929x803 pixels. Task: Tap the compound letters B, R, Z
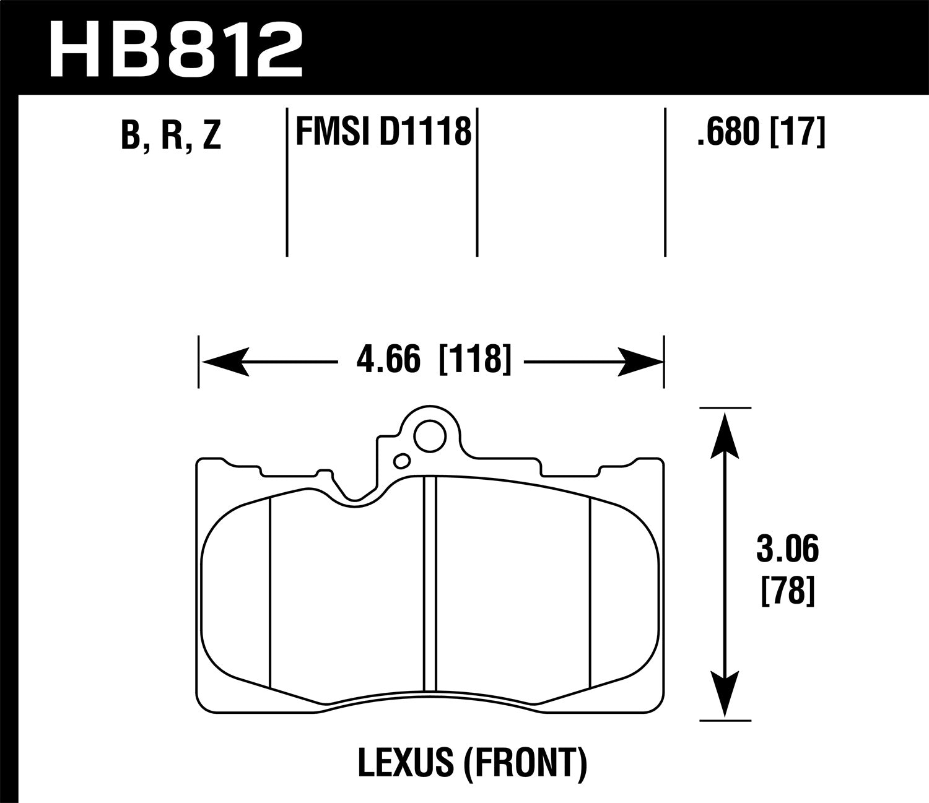[171, 134]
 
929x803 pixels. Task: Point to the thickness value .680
[728, 132]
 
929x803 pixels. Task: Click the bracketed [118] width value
[475, 360]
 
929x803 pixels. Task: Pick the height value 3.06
[787, 550]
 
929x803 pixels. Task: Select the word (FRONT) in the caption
[523, 763]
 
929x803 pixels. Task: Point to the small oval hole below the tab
[402, 460]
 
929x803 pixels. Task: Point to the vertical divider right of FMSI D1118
[477, 183]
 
